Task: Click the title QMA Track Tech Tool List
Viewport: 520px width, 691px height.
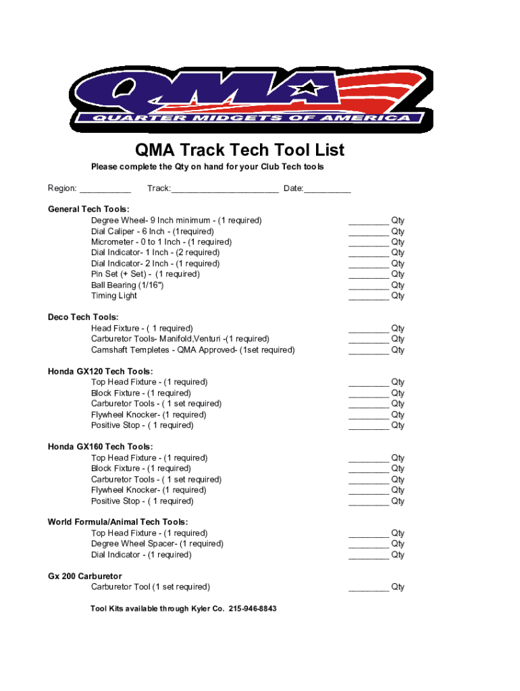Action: [240, 150]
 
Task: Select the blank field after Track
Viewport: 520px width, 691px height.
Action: [224, 190]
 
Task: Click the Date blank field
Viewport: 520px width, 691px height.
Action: [328, 190]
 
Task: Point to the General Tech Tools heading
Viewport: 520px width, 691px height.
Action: [88, 209]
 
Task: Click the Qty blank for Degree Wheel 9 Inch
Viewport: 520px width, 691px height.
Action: [369, 221]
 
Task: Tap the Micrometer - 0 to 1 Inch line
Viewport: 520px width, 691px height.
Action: [161, 242]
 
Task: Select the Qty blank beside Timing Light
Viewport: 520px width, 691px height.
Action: [369, 297]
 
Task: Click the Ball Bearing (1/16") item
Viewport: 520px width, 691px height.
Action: [128, 285]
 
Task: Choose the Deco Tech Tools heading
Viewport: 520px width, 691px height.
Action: [83, 317]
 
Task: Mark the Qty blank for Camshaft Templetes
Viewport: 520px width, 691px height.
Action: [369, 351]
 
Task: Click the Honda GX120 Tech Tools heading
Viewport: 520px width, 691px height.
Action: [100, 371]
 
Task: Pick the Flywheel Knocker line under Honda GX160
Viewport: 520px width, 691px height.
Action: [149, 490]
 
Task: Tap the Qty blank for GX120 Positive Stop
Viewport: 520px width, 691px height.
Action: [369, 426]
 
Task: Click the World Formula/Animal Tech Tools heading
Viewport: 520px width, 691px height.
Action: [118, 522]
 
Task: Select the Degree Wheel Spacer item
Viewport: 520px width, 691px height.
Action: [157, 544]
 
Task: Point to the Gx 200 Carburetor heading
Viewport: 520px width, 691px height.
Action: [84, 576]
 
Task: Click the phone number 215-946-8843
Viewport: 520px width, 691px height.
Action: [253, 609]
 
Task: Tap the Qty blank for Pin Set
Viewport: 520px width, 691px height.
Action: [369, 275]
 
